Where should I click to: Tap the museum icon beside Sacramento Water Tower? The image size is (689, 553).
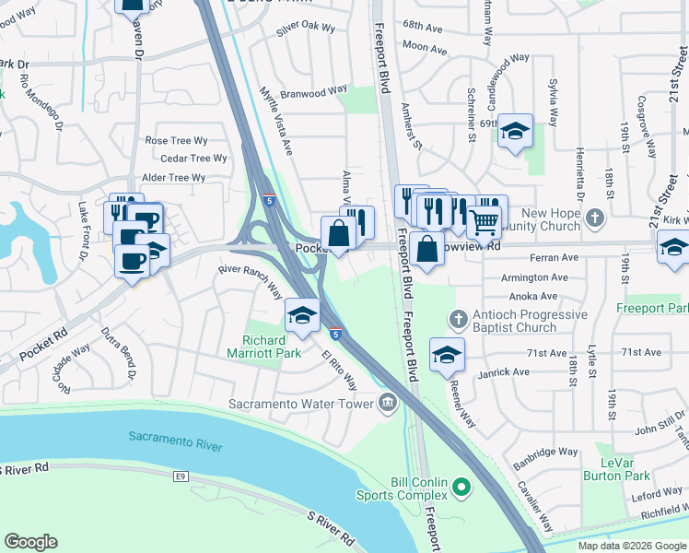coord(388,402)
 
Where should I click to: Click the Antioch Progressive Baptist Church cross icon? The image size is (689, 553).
coord(457,320)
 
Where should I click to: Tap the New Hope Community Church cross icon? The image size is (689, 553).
coord(595,218)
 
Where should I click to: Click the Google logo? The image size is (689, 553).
coord(31,542)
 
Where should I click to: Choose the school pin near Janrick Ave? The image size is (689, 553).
coord(447,356)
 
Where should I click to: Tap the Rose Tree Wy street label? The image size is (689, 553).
coord(177,140)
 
